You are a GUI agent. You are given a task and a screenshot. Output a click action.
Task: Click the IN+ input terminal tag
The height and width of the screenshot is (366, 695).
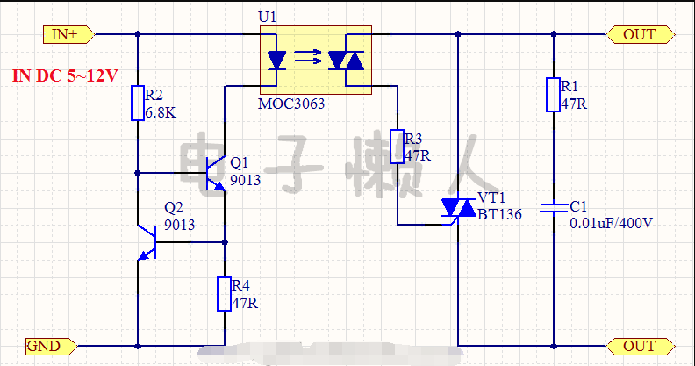click(68, 34)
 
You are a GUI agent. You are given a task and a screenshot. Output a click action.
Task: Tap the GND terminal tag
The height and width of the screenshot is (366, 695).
click(51, 346)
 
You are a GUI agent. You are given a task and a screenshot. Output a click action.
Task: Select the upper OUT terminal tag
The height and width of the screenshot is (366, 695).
click(641, 34)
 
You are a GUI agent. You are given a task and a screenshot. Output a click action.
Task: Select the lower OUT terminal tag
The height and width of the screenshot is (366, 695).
click(641, 346)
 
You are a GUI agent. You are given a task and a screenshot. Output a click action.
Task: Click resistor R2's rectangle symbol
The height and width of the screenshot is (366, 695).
click(138, 104)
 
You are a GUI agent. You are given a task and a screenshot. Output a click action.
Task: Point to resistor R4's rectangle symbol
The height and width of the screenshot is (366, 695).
click(225, 294)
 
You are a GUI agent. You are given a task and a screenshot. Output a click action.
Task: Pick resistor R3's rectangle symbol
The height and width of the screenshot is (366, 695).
click(398, 147)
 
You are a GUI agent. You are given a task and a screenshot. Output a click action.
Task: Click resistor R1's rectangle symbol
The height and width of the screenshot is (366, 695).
click(553, 95)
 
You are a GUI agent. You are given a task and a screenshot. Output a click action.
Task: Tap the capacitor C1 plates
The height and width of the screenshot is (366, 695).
click(554, 208)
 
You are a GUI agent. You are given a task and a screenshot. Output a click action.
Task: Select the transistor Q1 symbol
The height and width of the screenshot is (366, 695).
click(216, 174)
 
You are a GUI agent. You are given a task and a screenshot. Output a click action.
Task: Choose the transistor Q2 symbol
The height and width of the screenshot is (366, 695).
click(147, 242)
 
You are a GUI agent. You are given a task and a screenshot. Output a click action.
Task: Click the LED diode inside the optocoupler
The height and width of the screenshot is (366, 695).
click(276, 61)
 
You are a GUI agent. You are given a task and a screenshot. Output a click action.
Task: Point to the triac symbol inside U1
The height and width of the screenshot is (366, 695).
click(346, 61)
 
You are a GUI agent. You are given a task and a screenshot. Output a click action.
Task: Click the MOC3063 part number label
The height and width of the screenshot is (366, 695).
click(291, 104)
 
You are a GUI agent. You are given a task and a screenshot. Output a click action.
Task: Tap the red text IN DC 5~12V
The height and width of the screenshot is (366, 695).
click(65, 75)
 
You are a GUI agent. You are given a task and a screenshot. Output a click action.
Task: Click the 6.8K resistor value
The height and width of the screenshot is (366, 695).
click(161, 112)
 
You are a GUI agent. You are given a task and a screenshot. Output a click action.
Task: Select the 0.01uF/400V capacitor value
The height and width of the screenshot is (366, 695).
click(612, 223)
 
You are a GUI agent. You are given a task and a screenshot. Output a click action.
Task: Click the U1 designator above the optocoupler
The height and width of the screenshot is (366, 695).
click(268, 17)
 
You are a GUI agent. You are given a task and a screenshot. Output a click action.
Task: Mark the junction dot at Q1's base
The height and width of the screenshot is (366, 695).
click(138, 173)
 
